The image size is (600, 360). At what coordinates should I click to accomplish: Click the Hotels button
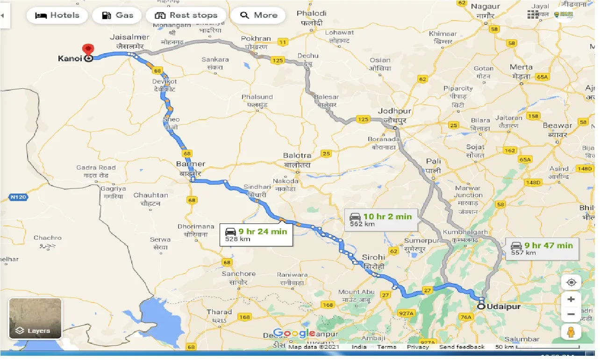(x=56, y=15)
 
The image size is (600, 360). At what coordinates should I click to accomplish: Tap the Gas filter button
(x=117, y=15)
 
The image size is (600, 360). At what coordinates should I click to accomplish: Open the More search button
(x=258, y=15)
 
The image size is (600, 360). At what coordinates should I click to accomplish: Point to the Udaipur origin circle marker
(x=481, y=307)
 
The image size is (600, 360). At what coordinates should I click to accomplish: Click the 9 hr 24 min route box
(x=256, y=234)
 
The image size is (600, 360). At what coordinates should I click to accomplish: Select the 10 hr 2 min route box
(x=381, y=220)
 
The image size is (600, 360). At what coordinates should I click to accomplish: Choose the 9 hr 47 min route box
(x=542, y=249)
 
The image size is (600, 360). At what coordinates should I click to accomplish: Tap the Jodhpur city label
(x=394, y=111)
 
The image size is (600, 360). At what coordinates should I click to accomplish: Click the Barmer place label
(x=190, y=164)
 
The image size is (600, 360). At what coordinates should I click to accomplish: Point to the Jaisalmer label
(x=129, y=37)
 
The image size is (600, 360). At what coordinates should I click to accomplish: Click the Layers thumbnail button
(x=35, y=318)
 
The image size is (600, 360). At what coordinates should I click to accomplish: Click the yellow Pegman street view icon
(x=571, y=332)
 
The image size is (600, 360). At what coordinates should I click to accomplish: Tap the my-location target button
(x=571, y=282)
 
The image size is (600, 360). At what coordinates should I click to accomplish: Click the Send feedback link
(x=462, y=347)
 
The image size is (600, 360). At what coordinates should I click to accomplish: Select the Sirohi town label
(x=373, y=258)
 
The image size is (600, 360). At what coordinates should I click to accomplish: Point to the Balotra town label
(x=297, y=155)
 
